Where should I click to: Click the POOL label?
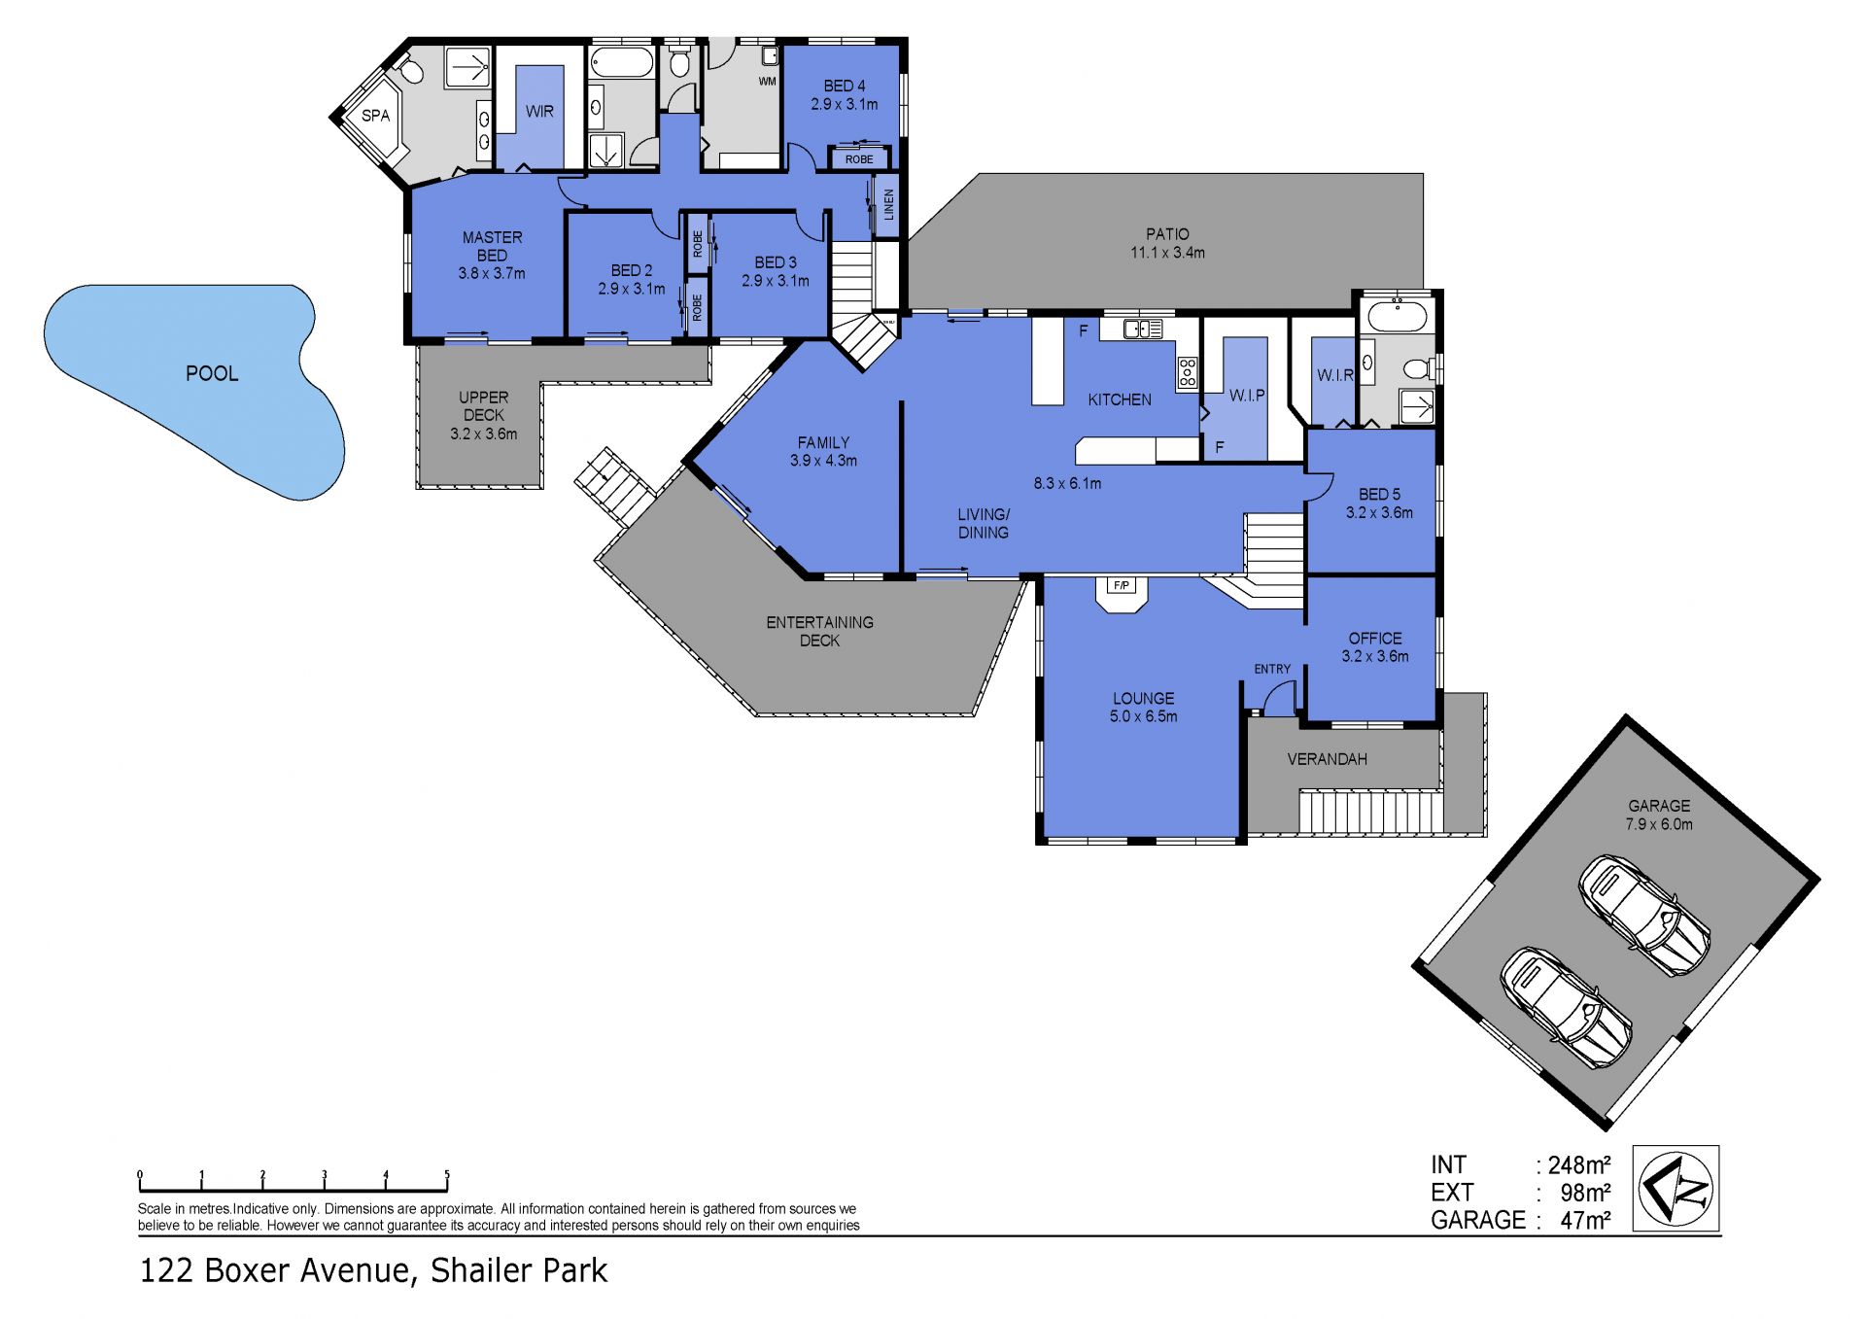tap(212, 373)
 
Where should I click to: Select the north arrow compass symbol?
tap(1676, 1189)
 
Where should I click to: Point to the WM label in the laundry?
tap(768, 82)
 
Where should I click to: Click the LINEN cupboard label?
tap(888, 205)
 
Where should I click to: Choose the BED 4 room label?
tap(845, 86)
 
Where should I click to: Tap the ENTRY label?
tap(1272, 669)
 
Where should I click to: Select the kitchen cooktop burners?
tap(1187, 373)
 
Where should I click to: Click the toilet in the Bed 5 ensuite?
tap(1420, 368)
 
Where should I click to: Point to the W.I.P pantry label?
tap(1247, 396)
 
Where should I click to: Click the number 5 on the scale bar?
tap(447, 1175)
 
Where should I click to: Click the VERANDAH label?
tap(1327, 759)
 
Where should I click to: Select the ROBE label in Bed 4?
tap(859, 159)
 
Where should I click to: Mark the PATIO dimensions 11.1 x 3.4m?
tap(1167, 253)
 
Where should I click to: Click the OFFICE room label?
tap(1375, 639)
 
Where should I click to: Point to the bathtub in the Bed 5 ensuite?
tap(1397, 316)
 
